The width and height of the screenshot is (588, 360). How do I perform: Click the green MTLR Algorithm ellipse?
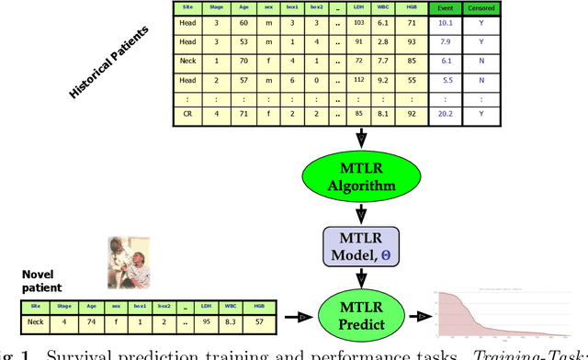[x=362, y=175]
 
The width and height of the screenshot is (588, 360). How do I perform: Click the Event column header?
[x=445, y=10]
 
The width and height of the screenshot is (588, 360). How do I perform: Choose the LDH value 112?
[x=358, y=81]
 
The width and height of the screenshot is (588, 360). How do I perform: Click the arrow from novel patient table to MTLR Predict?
[x=301, y=317]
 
